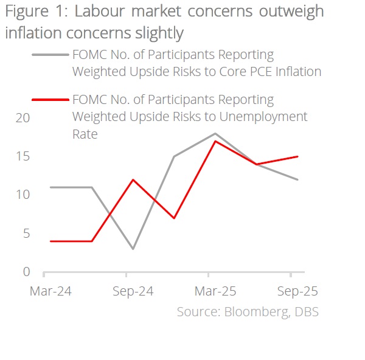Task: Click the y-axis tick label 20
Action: (x=22, y=118)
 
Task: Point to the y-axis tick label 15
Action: (x=22, y=156)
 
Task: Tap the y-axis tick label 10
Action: (x=22, y=195)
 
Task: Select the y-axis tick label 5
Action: (x=26, y=234)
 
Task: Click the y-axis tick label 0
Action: (x=26, y=272)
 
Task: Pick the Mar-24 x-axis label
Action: (x=50, y=291)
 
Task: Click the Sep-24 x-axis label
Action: (x=133, y=291)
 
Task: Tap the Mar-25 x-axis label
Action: (x=215, y=291)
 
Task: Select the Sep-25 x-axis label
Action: (x=297, y=291)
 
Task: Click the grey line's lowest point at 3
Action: (x=133, y=249)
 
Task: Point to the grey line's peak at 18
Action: (x=215, y=133)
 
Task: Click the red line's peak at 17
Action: (x=215, y=141)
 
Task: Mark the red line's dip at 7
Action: (x=174, y=218)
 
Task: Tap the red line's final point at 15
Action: (x=297, y=156)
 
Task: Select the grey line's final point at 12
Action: (x=297, y=179)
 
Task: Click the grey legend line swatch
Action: (x=49, y=55)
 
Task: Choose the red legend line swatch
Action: (x=49, y=99)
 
